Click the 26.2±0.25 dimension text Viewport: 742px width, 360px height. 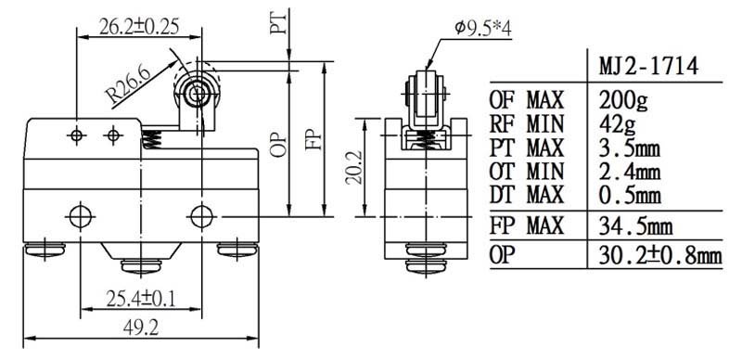point(139,28)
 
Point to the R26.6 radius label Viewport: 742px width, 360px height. point(129,84)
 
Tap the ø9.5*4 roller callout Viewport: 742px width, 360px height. point(483,29)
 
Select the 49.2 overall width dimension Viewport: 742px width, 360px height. point(141,328)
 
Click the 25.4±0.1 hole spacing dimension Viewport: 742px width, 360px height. point(141,299)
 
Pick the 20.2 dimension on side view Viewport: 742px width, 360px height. point(354,167)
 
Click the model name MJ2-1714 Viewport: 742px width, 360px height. point(648,67)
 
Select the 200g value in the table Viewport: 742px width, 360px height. point(623,100)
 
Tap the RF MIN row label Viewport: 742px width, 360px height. point(527,124)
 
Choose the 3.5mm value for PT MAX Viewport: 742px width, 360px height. point(630,148)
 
